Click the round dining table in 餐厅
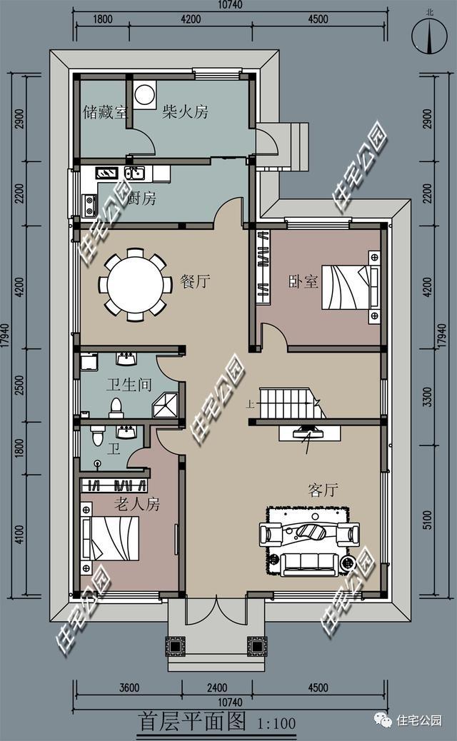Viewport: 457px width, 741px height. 136,283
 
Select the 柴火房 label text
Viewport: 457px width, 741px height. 185,112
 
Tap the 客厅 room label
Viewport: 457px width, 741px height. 323,490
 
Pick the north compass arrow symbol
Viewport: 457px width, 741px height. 428,36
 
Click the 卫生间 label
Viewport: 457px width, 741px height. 129,385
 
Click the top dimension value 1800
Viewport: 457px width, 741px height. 103,19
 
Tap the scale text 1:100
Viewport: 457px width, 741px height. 275,723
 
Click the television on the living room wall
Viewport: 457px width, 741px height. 308,432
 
